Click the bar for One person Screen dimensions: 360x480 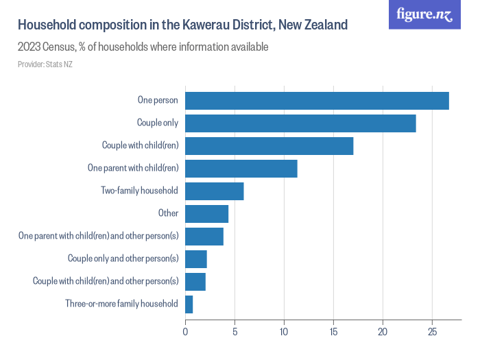pyautogui.click(x=317, y=100)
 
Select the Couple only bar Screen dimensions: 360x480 pyautogui.click(x=300, y=123)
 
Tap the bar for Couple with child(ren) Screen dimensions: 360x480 pyautogui.click(x=269, y=145)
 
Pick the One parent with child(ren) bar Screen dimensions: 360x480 pyautogui.click(x=241, y=168)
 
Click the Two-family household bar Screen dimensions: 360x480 pyautogui.click(x=214, y=191)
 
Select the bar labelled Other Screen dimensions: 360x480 pyautogui.click(x=206, y=213)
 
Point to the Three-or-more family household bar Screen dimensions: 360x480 pyautogui.click(x=189, y=304)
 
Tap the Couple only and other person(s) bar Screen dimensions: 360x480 pyautogui.click(x=195, y=259)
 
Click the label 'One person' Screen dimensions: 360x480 pyautogui.click(x=158, y=100)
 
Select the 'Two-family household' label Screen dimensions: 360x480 pyautogui.click(x=139, y=191)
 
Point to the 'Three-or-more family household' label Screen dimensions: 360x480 pyautogui.click(x=121, y=304)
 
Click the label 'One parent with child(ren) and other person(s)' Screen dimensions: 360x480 pyautogui.click(x=98, y=236)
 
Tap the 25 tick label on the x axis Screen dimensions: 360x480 pyautogui.click(x=432, y=333)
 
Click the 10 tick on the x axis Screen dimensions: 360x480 pyautogui.click(x=284, y=333)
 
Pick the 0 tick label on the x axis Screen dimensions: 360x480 pyautogui.click(x=185, y=333)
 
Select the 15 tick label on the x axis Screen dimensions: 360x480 pyautogui.click(x=333, y=333)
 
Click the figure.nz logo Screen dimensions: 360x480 pyautogui.click(x=424, y=14)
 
